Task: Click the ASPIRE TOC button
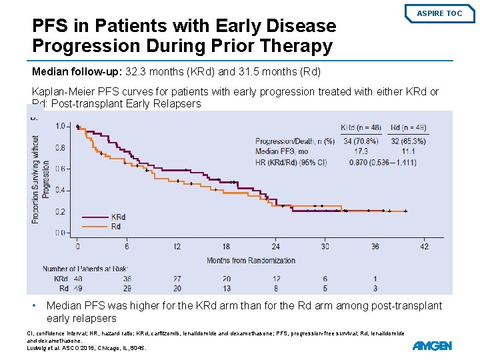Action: click(439, 13)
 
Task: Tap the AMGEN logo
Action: click(432, 345)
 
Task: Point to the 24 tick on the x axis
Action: click(276, 246)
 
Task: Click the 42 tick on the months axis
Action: click(424, 246)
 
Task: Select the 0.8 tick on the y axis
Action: click(61, 147)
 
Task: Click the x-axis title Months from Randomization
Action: click(251, 261)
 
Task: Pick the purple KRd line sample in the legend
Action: click(95, 217)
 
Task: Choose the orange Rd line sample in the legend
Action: click(95, 226)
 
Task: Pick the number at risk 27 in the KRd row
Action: click(177, 279)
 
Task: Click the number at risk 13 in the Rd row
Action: click(227, 288)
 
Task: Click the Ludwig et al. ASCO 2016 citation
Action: click(85, 348)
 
